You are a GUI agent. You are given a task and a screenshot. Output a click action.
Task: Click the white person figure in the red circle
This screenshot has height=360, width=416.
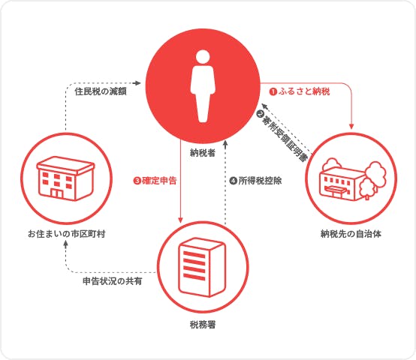[x=203, y=86]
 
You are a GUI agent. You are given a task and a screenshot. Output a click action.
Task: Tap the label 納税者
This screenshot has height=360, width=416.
[x=203, y=153]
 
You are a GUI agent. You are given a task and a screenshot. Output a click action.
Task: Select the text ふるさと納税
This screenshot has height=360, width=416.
[x=304, y=91]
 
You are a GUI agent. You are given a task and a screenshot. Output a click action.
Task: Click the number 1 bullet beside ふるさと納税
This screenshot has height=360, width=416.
[x=273, y=92]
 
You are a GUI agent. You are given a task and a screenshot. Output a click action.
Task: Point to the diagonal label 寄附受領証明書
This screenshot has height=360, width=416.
[x=285, y=139]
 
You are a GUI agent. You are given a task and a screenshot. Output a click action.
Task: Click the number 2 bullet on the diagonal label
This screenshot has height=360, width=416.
[x=261, y=114]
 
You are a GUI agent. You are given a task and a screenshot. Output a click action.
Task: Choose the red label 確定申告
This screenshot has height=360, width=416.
[x=159, y=181]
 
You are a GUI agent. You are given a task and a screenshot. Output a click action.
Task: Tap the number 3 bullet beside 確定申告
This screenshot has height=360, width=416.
[x=137, y=181]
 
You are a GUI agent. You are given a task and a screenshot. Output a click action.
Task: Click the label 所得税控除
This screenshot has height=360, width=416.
[x=260, y=181]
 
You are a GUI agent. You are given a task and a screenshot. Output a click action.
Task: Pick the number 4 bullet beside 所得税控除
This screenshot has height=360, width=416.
[x=233, y=181]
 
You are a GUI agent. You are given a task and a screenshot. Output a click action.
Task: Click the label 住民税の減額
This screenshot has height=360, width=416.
[x=101, y=91]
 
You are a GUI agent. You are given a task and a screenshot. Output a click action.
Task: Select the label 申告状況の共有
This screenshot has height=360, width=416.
[x=113, y=281]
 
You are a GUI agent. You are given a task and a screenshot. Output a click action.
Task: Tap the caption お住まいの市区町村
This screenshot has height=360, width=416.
[x=67, y=234]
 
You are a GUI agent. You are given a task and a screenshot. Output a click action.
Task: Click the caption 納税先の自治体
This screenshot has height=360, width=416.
[x=351, y=234]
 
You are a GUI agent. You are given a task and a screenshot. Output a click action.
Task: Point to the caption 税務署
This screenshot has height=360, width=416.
[x=203, y=325]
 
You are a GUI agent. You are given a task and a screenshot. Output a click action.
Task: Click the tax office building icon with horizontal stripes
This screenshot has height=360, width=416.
[x=203, y=267]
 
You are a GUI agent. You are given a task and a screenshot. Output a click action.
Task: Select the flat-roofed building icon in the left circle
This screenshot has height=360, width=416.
[x=65, y=178]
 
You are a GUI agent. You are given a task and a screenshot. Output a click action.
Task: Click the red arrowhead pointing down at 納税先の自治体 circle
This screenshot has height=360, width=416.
[x=351, y=126]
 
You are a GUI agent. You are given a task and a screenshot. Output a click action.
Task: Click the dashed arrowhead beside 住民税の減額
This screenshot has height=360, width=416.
[x=137, y=83]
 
